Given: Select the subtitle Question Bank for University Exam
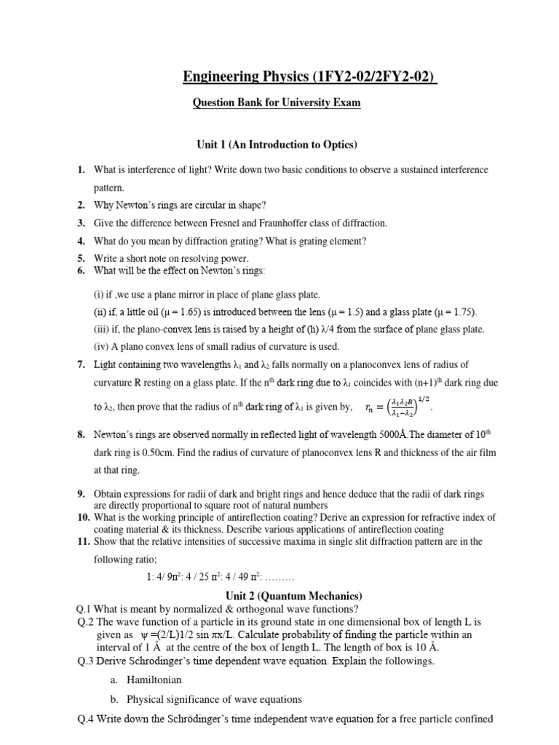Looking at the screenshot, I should coord(276,103).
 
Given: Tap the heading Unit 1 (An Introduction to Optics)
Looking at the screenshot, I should coord(278,146).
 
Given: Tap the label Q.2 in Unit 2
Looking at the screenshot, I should coord(85,622).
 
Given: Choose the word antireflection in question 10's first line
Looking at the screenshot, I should coord(253,517).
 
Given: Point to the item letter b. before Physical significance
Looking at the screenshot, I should coord(114,700).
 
